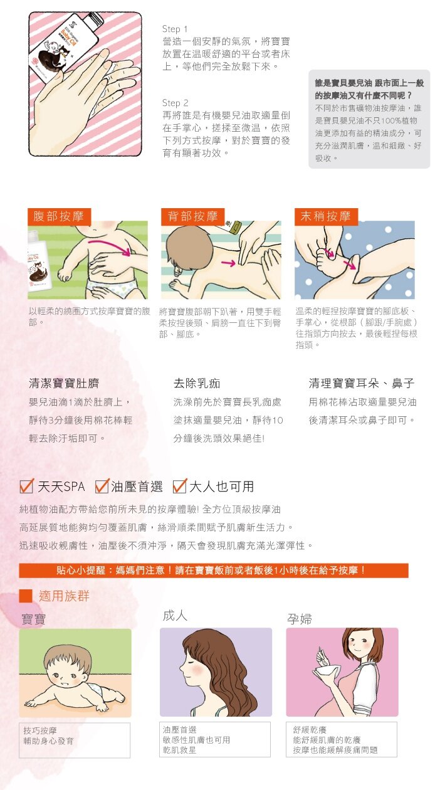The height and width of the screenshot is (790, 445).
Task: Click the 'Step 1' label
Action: click(174, 29)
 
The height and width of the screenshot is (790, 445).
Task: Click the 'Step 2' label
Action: click(175, 103)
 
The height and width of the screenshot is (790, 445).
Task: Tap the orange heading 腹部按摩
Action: click(58, 216)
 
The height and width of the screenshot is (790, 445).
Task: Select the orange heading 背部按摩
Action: click(192, 216)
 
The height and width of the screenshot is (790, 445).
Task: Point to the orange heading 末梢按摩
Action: click(326, 216)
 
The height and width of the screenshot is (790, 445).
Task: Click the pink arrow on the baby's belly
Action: click(109, 246)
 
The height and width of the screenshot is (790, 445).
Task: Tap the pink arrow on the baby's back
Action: click(228, 263)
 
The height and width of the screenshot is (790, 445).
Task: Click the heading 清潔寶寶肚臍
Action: click(64, 383)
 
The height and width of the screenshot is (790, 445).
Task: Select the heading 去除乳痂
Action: click(197, 383)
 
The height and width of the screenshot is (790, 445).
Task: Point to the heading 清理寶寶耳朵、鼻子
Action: click(362, 383)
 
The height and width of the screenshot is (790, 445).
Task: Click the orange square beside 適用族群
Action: click(26, 596)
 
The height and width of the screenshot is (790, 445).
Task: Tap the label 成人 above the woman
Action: click(175, 616)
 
